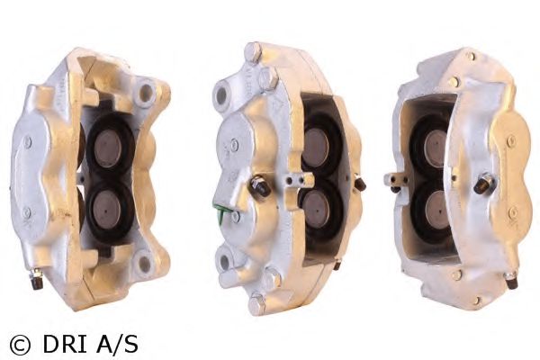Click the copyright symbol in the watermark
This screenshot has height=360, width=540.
pos(20,344)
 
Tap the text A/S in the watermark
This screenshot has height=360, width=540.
pos(117,344)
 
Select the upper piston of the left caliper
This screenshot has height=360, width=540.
pos(108,148)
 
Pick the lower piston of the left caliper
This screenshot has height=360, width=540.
pos(107,207)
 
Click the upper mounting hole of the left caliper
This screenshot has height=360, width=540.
pos(146,93)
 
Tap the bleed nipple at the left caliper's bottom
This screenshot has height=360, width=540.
pos(36,278)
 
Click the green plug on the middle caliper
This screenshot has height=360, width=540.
pos(219,210)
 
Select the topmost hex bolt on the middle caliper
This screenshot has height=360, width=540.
pos(254,51)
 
